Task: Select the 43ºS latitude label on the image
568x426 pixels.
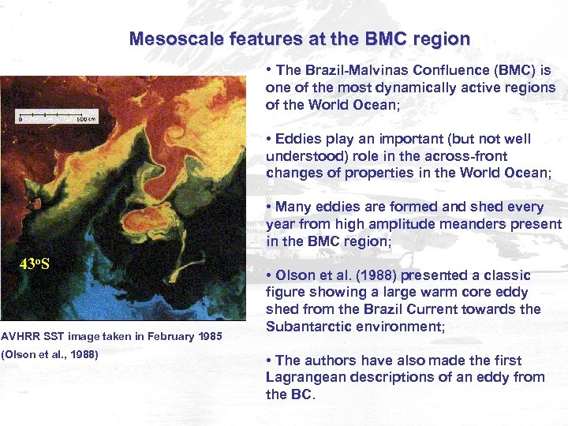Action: click(35, 263)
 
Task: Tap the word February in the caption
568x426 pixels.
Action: click(166, 337)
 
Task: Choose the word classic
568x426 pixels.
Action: click(503, 275)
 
